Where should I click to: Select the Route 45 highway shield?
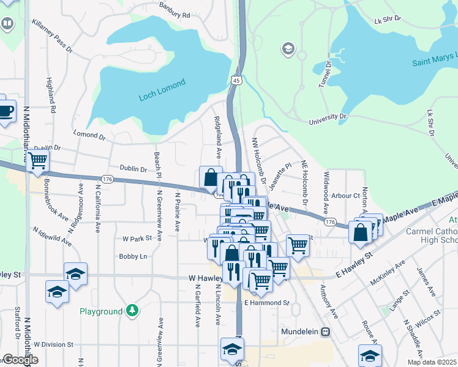[237, 80]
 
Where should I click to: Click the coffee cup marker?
[6, 111]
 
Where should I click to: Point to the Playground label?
[101, 311]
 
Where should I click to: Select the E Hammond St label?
[266, 303]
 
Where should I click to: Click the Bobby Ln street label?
[133, 257]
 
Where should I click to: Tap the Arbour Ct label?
[345, 196]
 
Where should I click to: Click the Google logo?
[20, 360]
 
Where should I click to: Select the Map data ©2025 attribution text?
[432, 362]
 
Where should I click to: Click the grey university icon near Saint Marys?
[288, 48]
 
